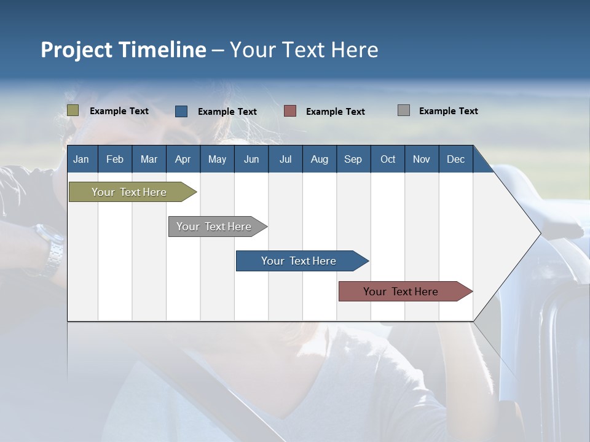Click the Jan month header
pyautogui.click(x=81, y=159)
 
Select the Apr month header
pyautogui.click(x=183, y=159)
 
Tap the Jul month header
pyautogui.click(x=285, y=159)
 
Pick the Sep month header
pyautogui.click(x=353, y=159)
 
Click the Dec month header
pyautogui.click(x=455, y=159)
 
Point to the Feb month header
pyautogui.click(x=115, y=159)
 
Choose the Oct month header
pyautogui.click(x=388, y=159)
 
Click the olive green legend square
pyautogui.click(x=73, y=110)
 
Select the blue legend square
pyautogui.click(x=181, y=111)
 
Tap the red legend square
pyautogui.click(x=290, y=111)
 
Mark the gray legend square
pyautogui.click(x=404, y=110)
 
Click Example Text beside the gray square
pyautogui.click(x=448, y=111)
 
